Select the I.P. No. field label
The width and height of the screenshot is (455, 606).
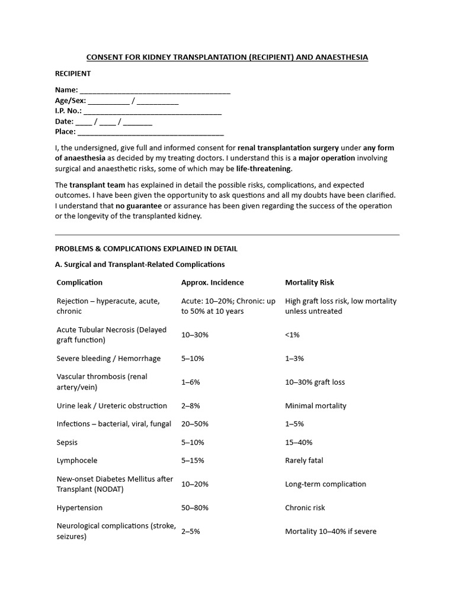[x=68, y=111]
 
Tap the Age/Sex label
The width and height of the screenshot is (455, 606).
[x=71, y=101]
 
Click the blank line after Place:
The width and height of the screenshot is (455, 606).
[x=150, y=133]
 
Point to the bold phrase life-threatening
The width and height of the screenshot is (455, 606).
[x=264, y=169]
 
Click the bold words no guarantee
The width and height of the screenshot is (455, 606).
[x=139, y=205]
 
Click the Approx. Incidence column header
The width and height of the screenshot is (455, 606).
[x=212, y=282]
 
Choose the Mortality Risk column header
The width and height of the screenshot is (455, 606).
[x=309, y=282]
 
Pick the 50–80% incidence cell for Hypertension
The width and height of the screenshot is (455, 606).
[x=195, y=508]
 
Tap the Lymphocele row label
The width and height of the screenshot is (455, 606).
[x=77, y=460]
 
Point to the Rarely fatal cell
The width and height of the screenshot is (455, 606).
[x=304, y=460]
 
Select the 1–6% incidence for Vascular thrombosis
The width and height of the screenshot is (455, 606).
[x=191, y=382]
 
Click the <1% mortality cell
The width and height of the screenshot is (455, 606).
[x=293, y=335]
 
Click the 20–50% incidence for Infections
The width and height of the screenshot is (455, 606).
[x=195, y=424]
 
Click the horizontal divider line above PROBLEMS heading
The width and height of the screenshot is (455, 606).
[x=227, y=235]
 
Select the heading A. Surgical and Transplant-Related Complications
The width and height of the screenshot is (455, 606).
[x=140, y=265]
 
